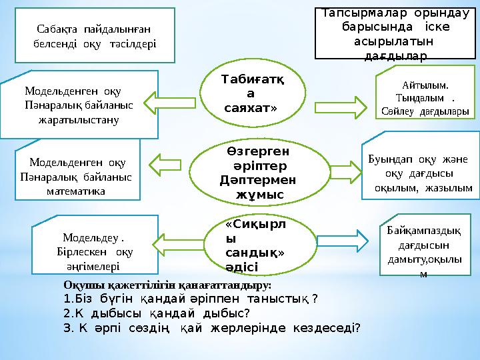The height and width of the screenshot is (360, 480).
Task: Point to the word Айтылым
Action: pyautogui.click(x=425, y=85)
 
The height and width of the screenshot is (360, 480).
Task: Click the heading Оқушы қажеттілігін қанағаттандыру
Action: pyautogui.click(x=166, y=285)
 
